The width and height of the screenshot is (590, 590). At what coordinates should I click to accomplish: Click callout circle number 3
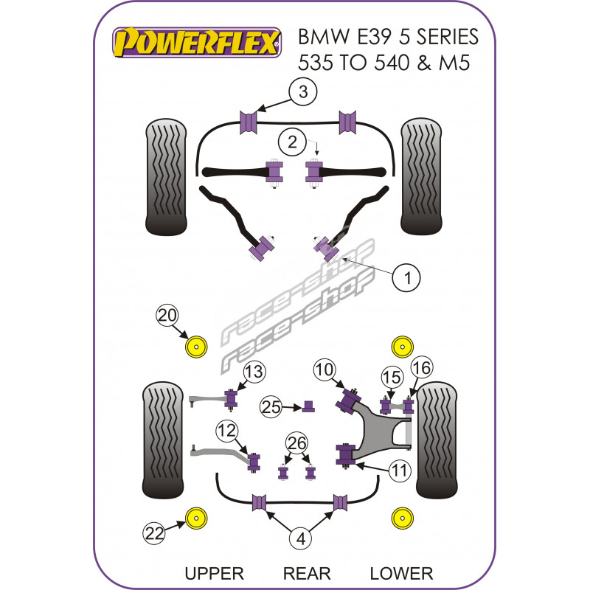point(302,93)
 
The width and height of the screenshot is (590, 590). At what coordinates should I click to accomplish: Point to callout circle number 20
point(167,316)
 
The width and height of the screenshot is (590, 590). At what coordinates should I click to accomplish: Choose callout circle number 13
point(254,372)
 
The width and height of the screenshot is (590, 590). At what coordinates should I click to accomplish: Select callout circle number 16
point(420,367)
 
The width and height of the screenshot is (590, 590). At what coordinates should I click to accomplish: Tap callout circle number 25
point(271,406)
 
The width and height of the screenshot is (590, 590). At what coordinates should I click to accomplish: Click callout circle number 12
point(226,431)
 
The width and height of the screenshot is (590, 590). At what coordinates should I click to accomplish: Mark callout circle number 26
point(297,442)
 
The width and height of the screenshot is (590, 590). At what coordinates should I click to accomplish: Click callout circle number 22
point(154,531)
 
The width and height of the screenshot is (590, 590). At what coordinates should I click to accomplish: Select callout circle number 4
point(300,539)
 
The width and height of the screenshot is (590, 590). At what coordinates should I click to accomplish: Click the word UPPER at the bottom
point(215,573)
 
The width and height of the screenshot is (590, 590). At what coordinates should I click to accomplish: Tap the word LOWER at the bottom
point(401,573)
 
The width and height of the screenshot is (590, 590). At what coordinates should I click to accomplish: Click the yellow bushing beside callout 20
point(196,347)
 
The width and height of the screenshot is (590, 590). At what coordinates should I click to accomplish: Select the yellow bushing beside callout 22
point(196,518)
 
